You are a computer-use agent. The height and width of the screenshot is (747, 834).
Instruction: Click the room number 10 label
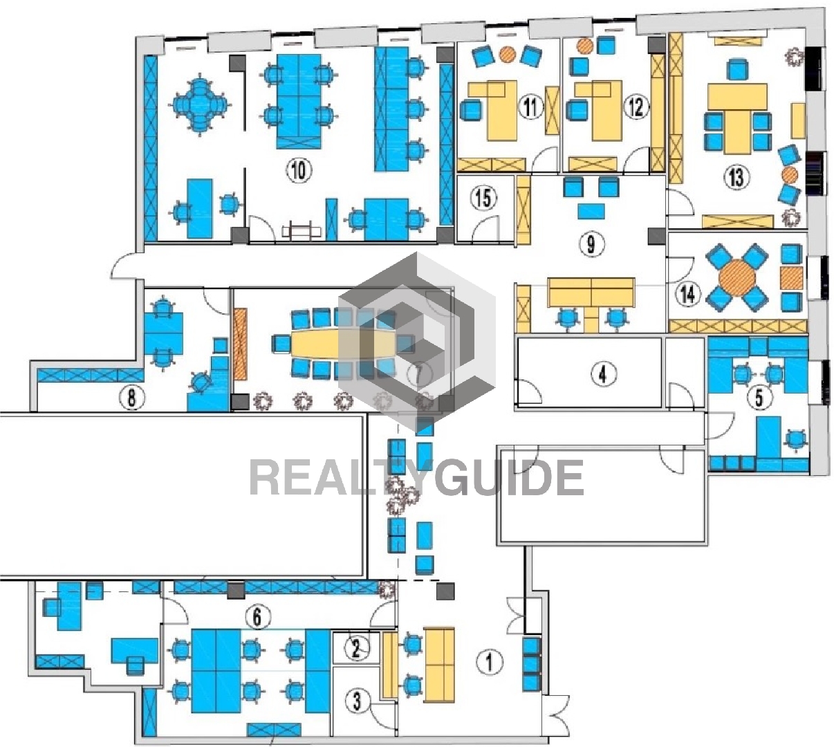coord(299,169)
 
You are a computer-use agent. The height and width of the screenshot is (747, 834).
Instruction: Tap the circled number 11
coord(530,107)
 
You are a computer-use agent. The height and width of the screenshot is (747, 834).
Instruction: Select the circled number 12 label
coord(636,107)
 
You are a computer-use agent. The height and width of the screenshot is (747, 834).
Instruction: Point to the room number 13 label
coord(736,177)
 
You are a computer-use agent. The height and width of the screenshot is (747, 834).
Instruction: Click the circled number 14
coord(688,294)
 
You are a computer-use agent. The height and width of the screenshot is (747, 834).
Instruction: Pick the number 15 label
coord(483,198)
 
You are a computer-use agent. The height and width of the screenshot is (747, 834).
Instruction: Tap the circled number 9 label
coord(591,244)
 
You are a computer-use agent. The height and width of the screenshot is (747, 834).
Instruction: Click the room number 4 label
coord(602,374)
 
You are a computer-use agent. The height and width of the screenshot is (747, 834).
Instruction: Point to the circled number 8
coord(131,398)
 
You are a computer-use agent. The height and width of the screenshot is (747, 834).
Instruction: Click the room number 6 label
coord(257,617)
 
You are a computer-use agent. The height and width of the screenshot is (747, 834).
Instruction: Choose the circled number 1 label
coord(489,662)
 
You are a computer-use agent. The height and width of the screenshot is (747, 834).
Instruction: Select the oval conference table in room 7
coord(344,344)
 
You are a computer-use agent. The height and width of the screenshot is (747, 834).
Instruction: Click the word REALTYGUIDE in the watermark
coord(416,478)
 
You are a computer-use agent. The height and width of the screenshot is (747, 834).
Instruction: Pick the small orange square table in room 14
coord(791,278)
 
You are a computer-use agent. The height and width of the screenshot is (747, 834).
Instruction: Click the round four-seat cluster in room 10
coord(199,104)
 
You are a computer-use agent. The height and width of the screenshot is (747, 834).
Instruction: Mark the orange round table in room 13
coord(790,175)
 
